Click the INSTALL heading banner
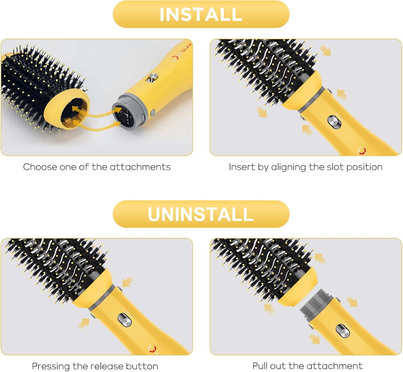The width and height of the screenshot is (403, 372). pyautogui.click(x=201, y=14)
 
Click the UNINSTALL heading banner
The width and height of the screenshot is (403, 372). pyautogui.click(x=201, y=214)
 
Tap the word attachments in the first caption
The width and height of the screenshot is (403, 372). pyautogui.click(x=140, y=167)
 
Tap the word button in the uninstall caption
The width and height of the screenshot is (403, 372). pyautogui.click(x=142, y=366)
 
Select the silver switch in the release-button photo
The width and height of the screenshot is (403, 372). pyautogui.click(x=125, y=320)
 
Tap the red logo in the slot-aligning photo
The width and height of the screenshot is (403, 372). pyautogui.click(x=362, y=151)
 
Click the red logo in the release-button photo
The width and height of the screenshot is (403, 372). pyautogui.click(x=152, y=349)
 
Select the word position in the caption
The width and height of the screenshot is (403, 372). pyautogui.click(x=364, y=167)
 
